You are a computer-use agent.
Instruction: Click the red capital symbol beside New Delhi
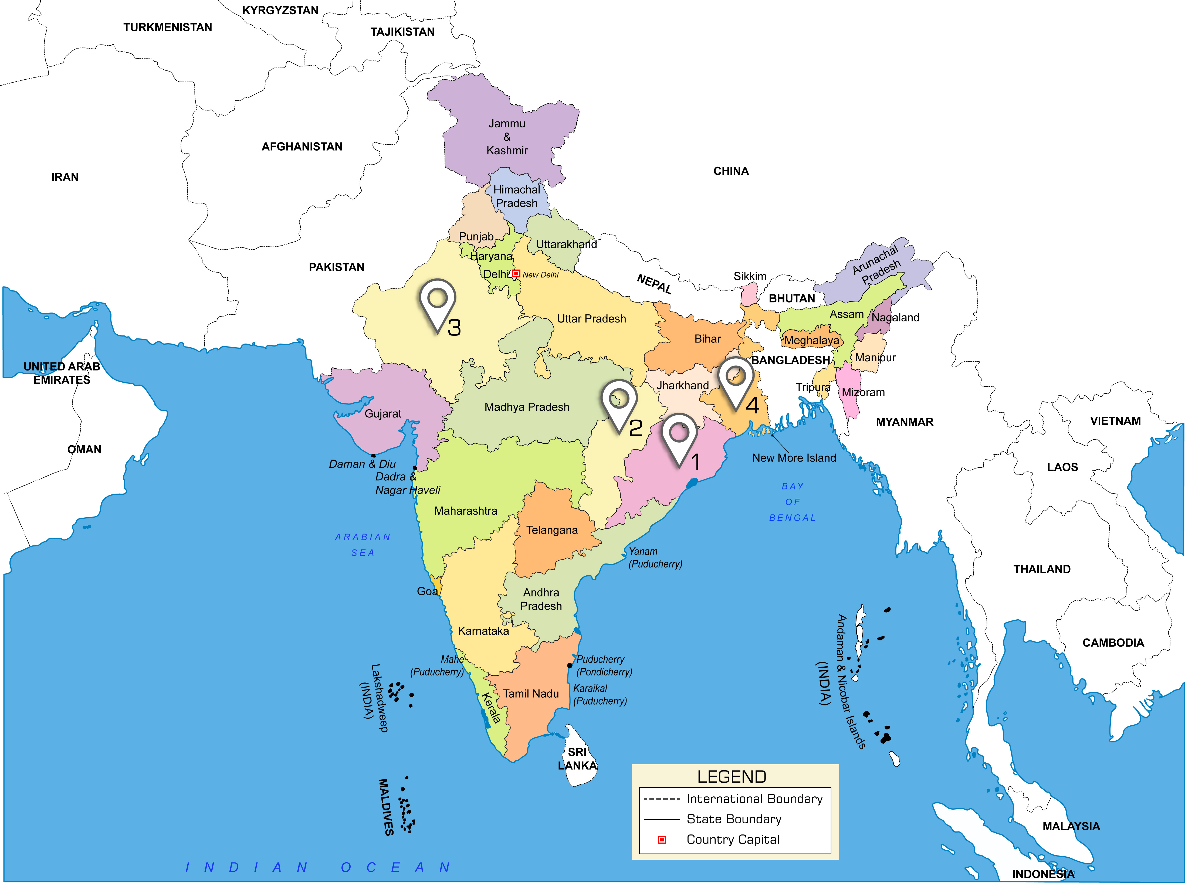tap(516, 274)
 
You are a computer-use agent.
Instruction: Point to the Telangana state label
tap(552, 530)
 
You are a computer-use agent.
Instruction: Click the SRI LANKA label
tap(577, 759)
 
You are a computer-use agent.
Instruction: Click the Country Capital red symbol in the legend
tap(662, 840)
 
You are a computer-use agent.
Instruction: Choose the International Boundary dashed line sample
tap(662, 799)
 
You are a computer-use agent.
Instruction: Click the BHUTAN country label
tap(792, 299)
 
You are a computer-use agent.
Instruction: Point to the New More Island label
tap(794, 458)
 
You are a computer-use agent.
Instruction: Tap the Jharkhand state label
tap(683, 385)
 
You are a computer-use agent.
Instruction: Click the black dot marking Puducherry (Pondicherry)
tap(570, 665)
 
